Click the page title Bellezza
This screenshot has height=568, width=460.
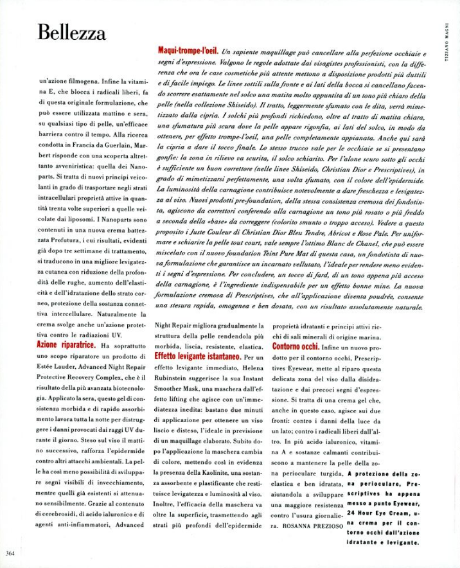(x=71, y=32)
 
